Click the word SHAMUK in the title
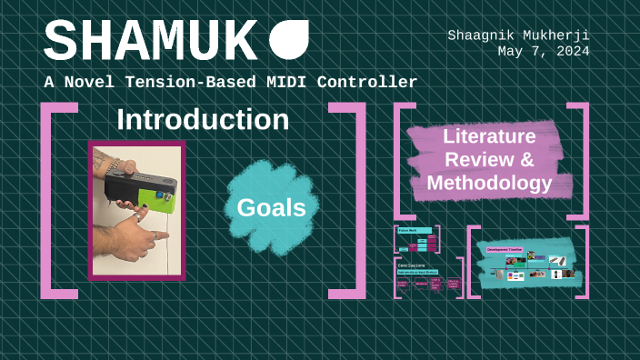tap(150, 42)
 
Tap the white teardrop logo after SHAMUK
tap(289, 40)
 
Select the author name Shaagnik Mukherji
tap(518, 35)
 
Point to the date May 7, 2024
tap(543, 51)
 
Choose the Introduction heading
tap(203, 120)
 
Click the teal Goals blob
tap(271, 207)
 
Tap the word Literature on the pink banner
tap(489, 137)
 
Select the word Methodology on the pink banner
tap(490, 184)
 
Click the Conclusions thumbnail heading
tap(413, 265)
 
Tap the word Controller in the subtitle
tap(374, 83)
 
